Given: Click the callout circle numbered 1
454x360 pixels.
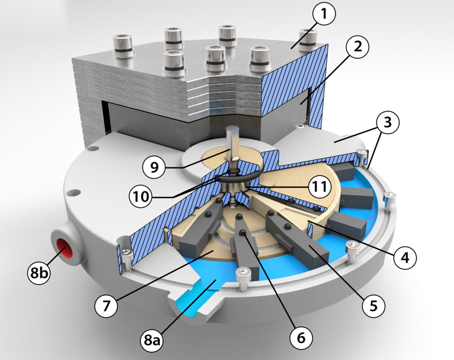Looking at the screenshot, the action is (x=324, y=14).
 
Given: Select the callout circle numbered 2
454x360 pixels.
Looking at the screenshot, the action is (x=358, y=46).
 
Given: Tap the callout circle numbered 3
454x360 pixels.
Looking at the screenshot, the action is (x=388, y=123).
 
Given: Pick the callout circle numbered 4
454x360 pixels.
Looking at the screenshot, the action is (x=405, y=256).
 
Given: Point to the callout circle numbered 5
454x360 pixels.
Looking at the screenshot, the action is (x=374, y=306).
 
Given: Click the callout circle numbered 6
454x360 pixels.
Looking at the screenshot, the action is (x=301, y=338).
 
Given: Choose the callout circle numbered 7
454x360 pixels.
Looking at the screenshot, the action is (x=106, y=305).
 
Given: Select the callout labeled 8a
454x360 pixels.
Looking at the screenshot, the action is (x=152, y=340).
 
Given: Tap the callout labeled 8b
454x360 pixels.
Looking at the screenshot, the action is (x=39, y=273).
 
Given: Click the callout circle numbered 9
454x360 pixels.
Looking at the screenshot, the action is (x=154, y=167).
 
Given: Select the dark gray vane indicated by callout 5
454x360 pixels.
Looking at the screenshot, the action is (x=298, y=238).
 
